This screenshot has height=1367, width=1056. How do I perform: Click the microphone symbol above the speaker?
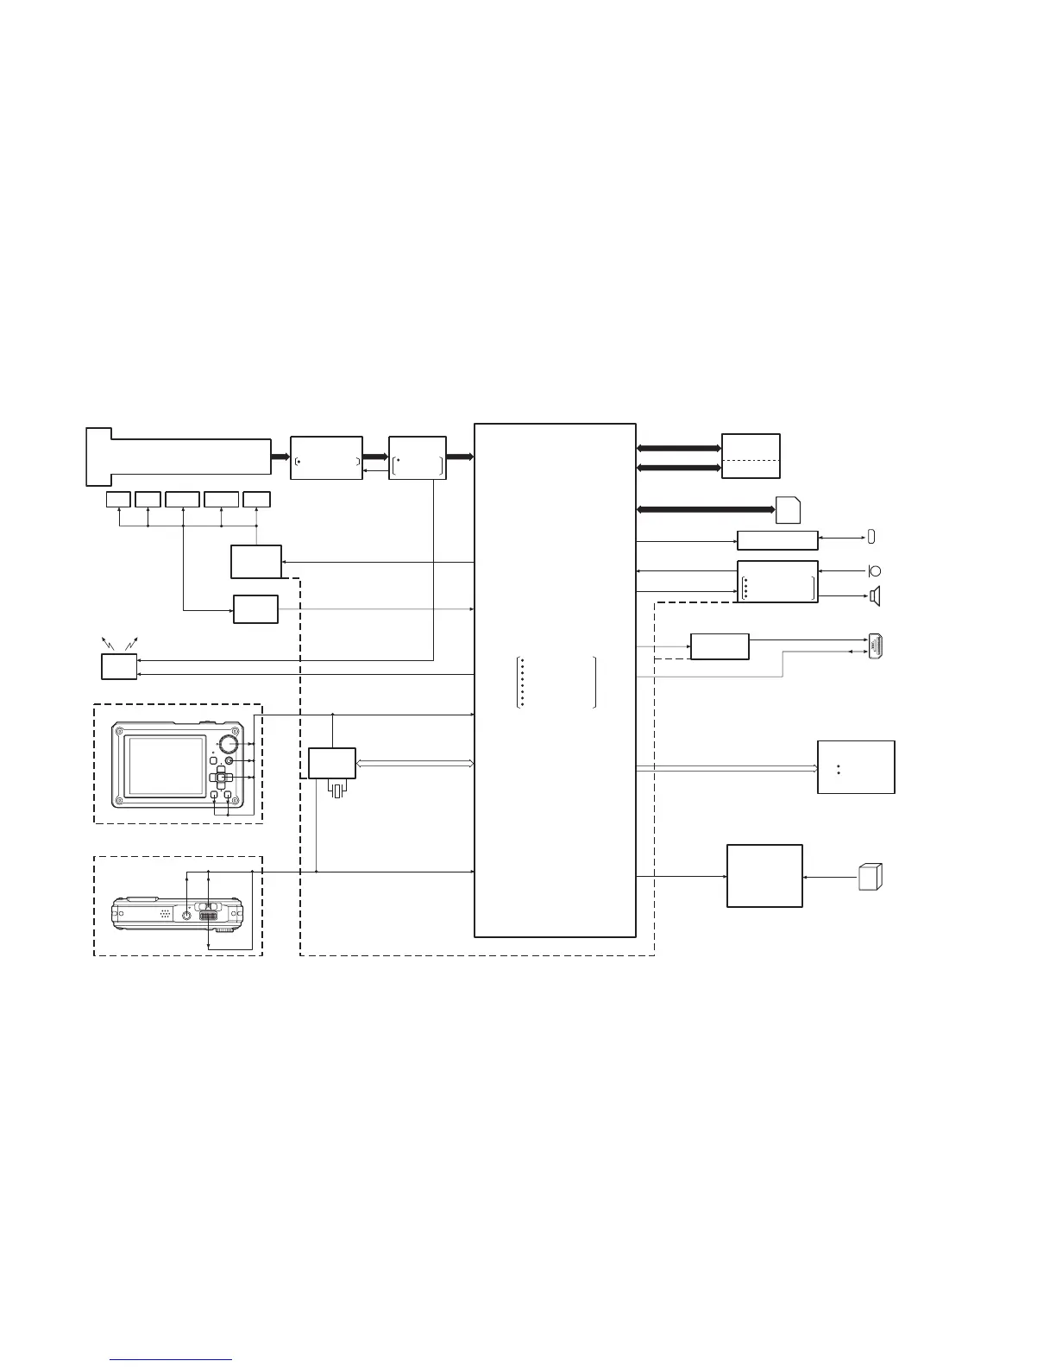coord(873,570)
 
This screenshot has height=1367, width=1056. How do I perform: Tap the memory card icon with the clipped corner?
coord(788,510)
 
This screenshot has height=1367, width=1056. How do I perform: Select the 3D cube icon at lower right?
coord(870,876)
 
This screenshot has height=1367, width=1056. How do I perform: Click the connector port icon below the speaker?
coord(877,646)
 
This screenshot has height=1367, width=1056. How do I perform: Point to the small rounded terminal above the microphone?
coord(871,538)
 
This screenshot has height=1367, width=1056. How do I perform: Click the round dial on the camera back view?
coord(228,743)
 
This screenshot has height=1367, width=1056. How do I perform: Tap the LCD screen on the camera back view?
coord(166,766)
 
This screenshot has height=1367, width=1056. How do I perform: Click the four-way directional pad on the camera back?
coord(221,778)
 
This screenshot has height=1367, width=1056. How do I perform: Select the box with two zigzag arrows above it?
coord(119,666)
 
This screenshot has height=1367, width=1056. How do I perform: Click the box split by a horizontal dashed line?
coord(751,456)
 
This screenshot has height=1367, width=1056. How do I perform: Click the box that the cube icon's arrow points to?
coord(764,875)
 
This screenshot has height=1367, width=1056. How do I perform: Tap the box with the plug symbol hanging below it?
coord(332,763)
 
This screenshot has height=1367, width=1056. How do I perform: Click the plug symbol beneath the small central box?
coord(337,789)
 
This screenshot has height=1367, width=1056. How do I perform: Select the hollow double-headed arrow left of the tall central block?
coord(414,763)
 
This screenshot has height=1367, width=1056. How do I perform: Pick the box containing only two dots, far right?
coord(856,766)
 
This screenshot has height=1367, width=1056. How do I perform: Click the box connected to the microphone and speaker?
coord(777,581)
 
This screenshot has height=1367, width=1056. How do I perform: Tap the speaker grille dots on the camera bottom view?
coord(164,912)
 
